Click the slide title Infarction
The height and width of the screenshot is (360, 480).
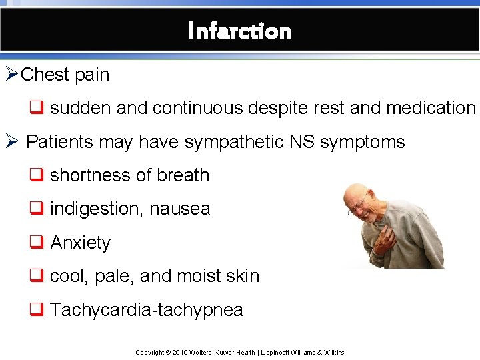pyautogui.click(x=240, y=31)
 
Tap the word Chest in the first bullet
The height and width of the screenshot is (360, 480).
pyautogui.click(x=45, y=75)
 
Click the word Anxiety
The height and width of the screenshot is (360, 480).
pyautogui.click(x=80, y=243)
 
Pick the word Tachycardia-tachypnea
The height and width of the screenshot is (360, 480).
pyautogui.click(x=146, y=310)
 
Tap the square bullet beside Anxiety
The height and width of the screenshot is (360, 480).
pyautogui.click(x=35, y=243)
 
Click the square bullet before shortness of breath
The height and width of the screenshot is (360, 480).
pyautogui.click(x=35, y=175)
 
